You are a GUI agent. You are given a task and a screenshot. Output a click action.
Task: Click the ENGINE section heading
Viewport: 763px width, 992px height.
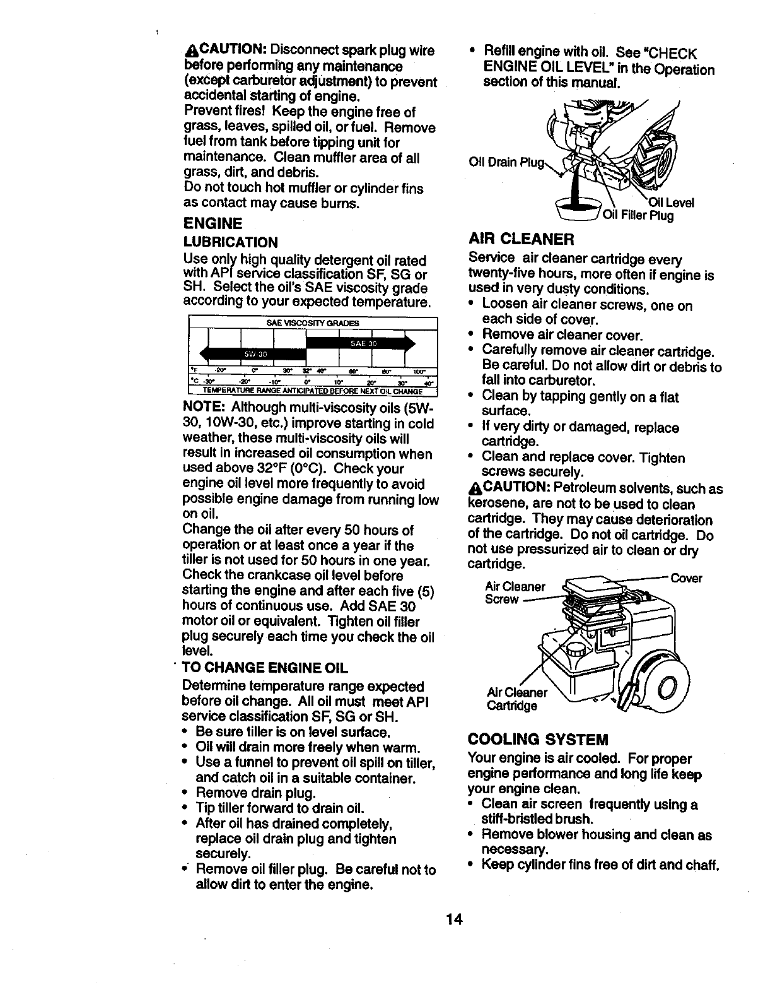click(x=213, y=224)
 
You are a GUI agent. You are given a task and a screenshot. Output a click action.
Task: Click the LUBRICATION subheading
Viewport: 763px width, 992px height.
click(x=230, y=242)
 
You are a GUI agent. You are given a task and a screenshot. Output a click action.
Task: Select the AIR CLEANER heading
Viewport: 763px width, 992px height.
click(x=521, y=239)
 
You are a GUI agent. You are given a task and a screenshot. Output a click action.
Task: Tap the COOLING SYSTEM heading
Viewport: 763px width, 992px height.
click(x=538, y=739)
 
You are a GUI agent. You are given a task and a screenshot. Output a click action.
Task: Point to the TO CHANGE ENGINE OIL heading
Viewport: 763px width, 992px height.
click(x=265, y=668)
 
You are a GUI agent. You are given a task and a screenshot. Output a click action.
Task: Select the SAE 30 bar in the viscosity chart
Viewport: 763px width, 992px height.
click(x=359, y=343)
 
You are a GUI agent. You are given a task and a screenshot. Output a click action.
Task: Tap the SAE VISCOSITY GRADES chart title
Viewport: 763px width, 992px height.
click(x=313, y=323)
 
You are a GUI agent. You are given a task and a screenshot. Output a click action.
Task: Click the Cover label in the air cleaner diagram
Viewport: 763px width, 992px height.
click(x=685, y=578)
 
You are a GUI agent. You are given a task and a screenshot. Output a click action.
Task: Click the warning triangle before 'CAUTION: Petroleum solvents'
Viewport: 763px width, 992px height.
click(x=474, y=490)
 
